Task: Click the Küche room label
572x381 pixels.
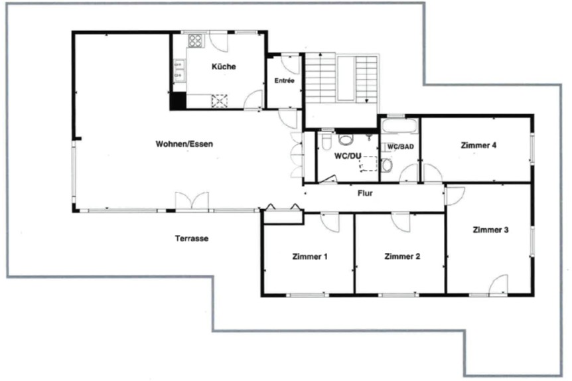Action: coord(224,66)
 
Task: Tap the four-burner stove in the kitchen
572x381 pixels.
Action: coord(195,40)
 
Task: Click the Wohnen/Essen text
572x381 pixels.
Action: coord(184,143)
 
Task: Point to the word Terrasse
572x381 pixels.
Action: coord(192,238)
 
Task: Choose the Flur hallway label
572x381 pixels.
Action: coord(364,194)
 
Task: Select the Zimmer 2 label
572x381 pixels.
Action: coord(403,256)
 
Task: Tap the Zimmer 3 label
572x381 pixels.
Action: coord(490,230)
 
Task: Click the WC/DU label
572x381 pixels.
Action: coord(347,156)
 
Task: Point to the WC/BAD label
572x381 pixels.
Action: coord(401,145)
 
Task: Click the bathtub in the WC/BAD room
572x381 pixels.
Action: coord(398,125)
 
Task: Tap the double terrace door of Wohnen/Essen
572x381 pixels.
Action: coord(192,201)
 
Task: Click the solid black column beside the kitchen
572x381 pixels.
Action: coord(178,102)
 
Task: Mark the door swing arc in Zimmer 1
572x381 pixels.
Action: coord(329,222)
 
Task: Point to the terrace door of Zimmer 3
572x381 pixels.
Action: coord(498,285)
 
